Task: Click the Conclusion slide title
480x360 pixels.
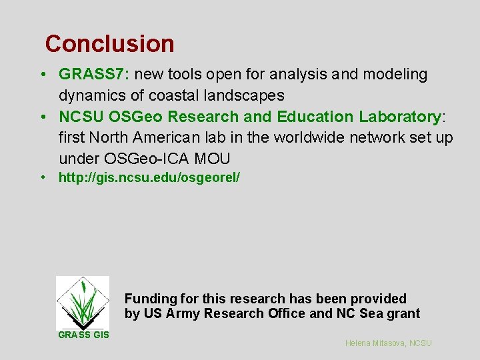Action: [x=109, y=44]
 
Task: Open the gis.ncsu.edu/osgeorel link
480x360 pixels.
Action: [x=149, y=178]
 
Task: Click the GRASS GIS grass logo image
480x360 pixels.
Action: [x=82, y=302]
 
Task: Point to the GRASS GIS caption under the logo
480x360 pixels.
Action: [x=83, y=335]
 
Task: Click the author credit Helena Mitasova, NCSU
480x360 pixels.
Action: [x=389, y=343]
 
